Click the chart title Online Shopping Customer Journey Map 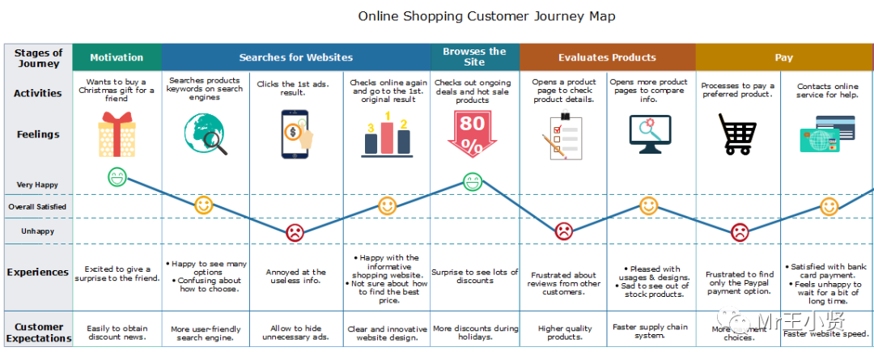click(486, 16)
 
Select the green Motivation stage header click(117, 57)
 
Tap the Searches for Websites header click(295, 57)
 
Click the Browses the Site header click(474, 57)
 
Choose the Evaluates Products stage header click(607, 57)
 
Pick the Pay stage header click(783, 57)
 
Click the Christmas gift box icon click(117, 133)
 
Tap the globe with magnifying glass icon click(205, 133)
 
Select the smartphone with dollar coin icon click(296, 133)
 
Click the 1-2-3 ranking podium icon click(388, 133)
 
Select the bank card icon click(827, 133)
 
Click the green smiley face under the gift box click(117, 177)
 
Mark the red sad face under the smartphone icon click(295, 232)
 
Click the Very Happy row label click(37, 185)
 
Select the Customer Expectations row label click(38, 332)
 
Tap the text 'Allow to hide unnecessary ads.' click(295, 333)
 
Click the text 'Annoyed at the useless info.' click(295, 277)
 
